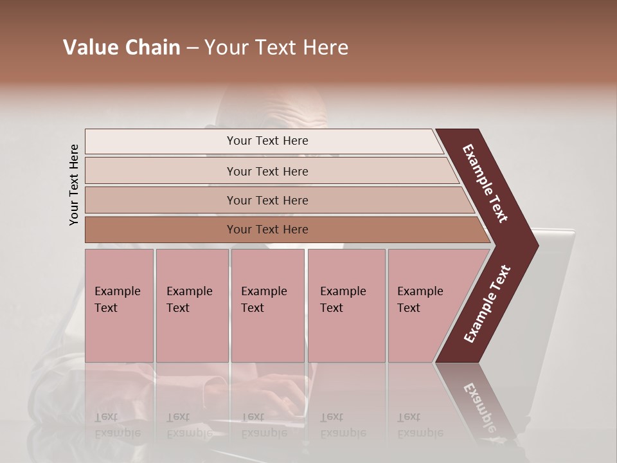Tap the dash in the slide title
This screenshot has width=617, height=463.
[x=192, y=48]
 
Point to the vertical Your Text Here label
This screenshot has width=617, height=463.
[x=74, y=185]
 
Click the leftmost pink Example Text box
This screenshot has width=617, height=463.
[x=119, y=305]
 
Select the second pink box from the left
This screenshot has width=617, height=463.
[x=192, y=305]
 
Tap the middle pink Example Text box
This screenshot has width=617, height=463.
[x=267, y=305]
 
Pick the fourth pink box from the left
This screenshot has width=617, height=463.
[x=346, y=305]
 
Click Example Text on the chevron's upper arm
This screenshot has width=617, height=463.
[x=485, y=183]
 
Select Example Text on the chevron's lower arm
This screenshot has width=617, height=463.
[x=487, y=304]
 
